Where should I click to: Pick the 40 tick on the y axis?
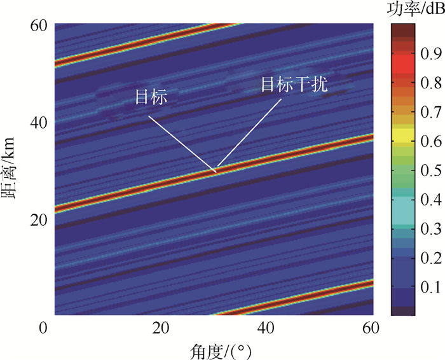(40, 121)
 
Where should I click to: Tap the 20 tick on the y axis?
(40, 219)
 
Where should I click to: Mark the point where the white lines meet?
(216, 170)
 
